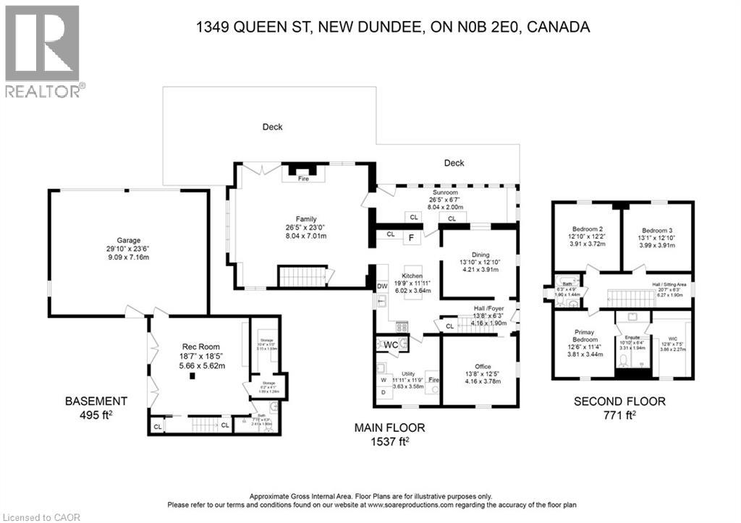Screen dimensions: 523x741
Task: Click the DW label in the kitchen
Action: pos(382,286)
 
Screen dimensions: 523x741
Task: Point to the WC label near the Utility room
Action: pos(391,344)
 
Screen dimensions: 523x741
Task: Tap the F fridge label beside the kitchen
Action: pos(410,237)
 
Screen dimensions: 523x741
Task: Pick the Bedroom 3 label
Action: pos(657,230)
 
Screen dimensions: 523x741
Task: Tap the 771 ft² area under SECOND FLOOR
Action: pos(619,414)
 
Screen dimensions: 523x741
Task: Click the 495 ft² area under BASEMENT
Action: pos(96,414)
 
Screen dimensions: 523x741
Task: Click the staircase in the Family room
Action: pos(301,276)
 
